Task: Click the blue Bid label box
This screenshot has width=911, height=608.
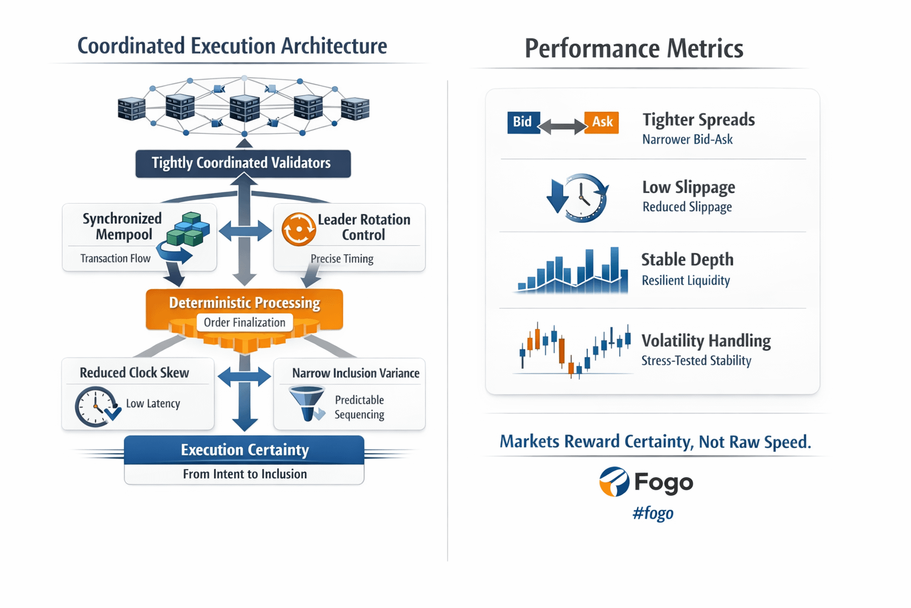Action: pyautogui.click(x=524, y=122)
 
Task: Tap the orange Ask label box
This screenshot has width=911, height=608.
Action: pyautogui.click(x=601, y=122)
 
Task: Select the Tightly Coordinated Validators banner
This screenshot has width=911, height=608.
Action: pyautogui.click(x=243, y=163)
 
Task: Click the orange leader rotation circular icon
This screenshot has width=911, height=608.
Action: pyautogui.click(x=298, y=229)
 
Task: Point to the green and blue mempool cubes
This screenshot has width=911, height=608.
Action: pyautogui.click(x=188, y=229)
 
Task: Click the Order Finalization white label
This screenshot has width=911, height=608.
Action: pyautogui.click(x=245, y=322)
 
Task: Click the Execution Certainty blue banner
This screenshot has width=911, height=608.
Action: pyautogui.click(x=244, y=450)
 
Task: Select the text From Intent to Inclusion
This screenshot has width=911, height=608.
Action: pyautogui.click(x=245, y=474)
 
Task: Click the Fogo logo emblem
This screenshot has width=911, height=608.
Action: pyautogui.click(x=614, y=482)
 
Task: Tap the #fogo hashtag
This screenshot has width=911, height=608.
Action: pyautogui.click(x=653, y=513)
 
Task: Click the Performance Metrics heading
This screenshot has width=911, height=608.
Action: pyautogui.click(x=634, y=49)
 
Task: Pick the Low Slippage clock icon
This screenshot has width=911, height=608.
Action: pyautogui.click(x=578, y=198)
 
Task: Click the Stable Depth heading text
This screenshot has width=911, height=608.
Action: pyautogui.click(x=687, y=259)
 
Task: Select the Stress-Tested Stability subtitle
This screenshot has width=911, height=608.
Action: pyautogui.click(x=696, y=360)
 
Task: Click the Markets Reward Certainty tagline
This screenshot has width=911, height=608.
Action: pyautogui.click(x=655, y=441)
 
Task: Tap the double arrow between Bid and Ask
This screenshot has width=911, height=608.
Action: pyautogui.click(x=562, y=126)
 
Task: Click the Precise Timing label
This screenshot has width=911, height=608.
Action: pyautogui.click(x=342, y=259)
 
